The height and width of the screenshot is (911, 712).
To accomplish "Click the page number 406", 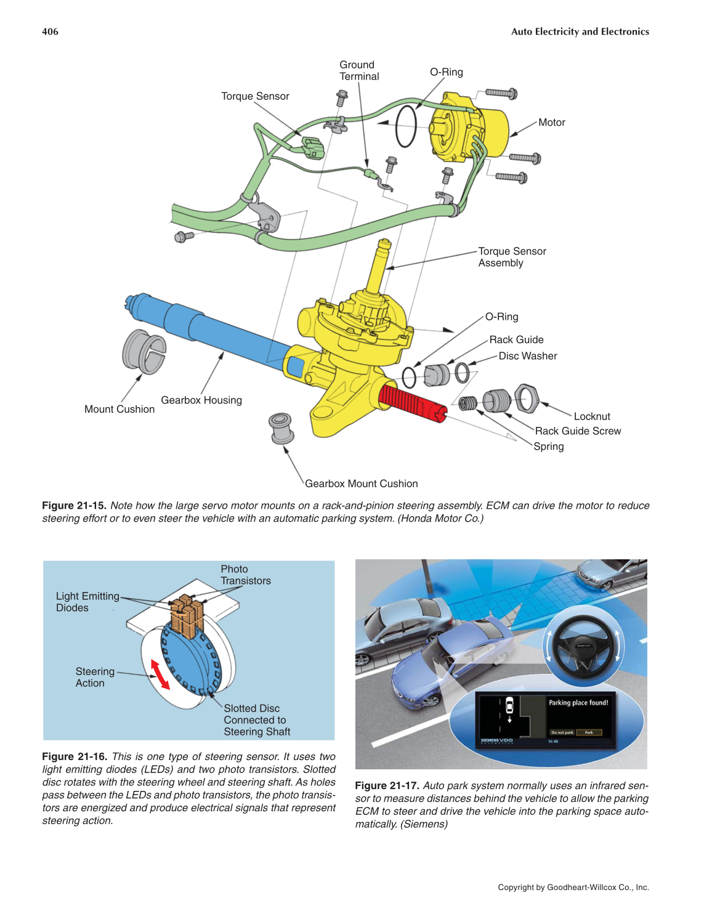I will (50, 31).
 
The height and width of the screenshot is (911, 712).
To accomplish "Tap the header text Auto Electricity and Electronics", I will (580, 31).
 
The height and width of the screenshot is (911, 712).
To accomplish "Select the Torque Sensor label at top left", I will (255, 96).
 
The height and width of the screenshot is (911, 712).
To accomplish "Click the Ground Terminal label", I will (359, 71).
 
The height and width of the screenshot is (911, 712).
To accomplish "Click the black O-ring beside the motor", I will (406, 126).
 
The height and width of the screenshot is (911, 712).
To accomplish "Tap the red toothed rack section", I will (410, 403).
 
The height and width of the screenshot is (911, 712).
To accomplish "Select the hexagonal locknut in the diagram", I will (527, 398).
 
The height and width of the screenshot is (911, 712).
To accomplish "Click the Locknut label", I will (592, 416).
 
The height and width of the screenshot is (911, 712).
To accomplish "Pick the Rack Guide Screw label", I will (578, 431).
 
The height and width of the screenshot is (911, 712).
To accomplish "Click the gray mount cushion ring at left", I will (144, 352).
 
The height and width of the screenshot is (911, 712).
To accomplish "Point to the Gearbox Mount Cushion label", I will (361, 484).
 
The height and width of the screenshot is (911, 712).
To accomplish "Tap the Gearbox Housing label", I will (201, 400).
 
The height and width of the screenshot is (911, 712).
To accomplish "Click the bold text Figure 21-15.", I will (74, 505).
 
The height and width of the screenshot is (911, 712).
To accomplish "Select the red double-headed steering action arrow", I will (160, 674).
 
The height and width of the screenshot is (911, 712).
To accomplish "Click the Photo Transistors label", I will (245, 575).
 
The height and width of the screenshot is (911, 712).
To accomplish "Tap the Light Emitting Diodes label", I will (87, 602).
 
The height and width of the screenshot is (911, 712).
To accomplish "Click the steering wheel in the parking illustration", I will (583, 647).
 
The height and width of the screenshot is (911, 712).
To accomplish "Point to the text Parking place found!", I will (578, 702).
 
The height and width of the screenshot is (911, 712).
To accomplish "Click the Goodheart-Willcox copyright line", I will (573, 887).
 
